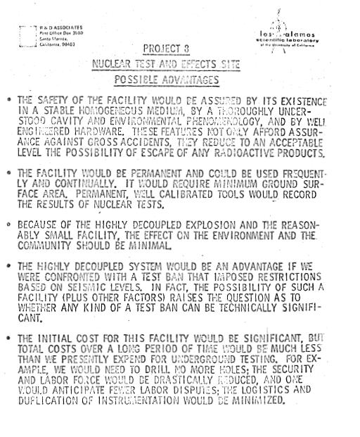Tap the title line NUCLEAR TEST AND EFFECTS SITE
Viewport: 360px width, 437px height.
click(166, 64)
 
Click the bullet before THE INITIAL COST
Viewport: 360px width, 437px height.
click(8, 338)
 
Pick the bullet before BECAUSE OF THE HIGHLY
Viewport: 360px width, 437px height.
click(8, 225)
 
